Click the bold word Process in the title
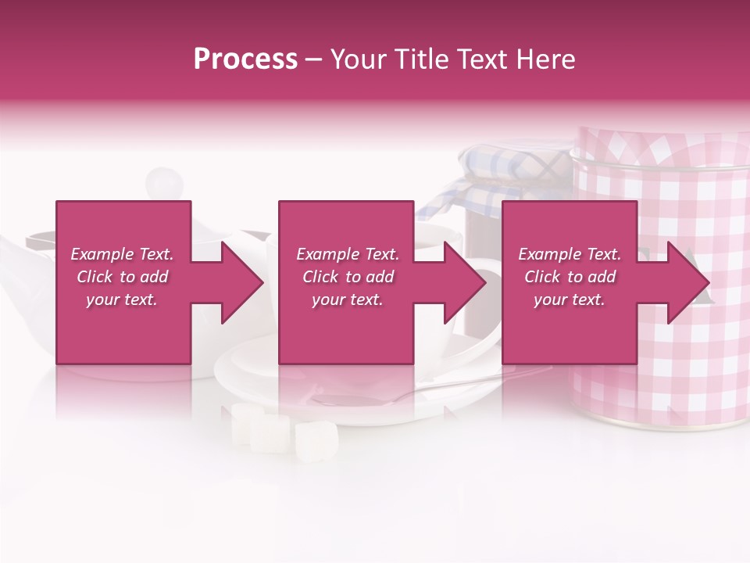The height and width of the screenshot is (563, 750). click(245, 59)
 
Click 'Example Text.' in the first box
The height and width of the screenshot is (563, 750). click(122, 254)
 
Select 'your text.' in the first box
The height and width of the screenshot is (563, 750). click(122, 299)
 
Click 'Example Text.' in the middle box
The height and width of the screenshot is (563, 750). click(348, 254)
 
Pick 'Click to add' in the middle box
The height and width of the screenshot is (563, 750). click(348, 277)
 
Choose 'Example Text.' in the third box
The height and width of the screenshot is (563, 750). click(570, 254)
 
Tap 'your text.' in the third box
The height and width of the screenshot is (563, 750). click(570, 299)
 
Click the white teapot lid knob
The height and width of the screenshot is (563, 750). click(164, 182)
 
